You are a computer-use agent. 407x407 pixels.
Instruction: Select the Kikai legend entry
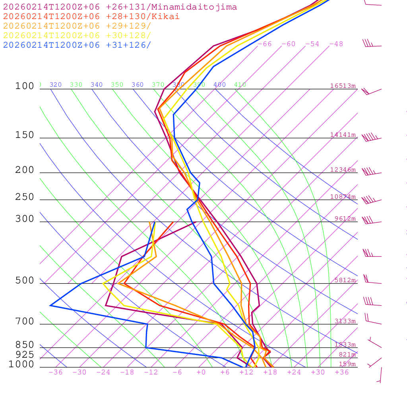(x=91, y=17)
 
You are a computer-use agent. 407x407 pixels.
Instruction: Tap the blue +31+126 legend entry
(x=77, y=45)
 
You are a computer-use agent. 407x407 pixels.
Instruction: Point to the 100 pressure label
(x=25, y=86)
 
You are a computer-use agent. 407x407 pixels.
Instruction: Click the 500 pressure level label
(x=25, y=281)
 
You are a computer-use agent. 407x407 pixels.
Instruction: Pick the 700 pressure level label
(x=25, y=322)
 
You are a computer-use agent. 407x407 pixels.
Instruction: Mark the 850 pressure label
(x=25, y=345)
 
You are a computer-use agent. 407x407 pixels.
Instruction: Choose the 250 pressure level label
(x=25, y=197)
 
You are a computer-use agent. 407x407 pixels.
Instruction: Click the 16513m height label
(x=343, y=86)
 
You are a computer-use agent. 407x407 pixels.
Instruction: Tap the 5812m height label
(x=345, y=280)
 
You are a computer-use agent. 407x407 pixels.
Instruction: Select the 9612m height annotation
(x=345, y=219)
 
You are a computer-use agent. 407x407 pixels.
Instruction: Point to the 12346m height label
(x=343, y=170)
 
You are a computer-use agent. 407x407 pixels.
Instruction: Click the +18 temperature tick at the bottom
(x=270, y=372)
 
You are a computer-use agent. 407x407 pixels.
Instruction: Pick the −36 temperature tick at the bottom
(x=55, y=372)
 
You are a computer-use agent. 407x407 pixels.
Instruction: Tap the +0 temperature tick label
(x=201, y=372)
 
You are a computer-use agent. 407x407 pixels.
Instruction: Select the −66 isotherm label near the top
(x=264, y=44)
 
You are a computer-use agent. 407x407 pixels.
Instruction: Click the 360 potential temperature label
(x=137, y=85)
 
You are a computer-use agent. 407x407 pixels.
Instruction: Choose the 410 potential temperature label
(x=240, y=85)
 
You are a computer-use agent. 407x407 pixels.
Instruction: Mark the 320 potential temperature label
(x=55, y=85)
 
